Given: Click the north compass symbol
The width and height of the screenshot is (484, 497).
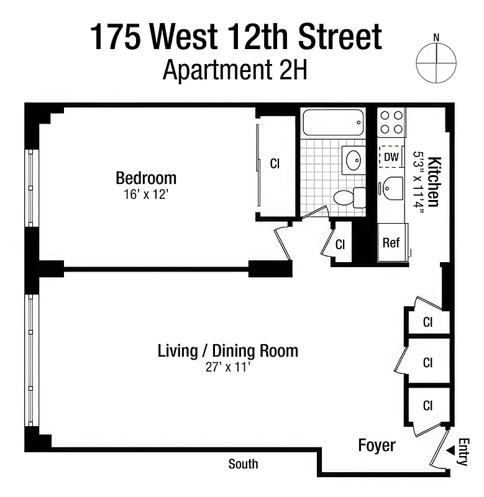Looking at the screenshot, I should [436, 63].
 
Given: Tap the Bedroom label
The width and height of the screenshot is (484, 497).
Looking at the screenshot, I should [146, 178].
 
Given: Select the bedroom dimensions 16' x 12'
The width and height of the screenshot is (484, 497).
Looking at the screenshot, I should [146, 194].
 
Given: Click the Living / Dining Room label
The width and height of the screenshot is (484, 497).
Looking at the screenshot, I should [227, 350].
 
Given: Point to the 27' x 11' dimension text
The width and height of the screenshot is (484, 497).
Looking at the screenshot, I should [227, 367].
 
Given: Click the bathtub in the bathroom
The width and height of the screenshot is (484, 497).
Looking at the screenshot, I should [332, 122].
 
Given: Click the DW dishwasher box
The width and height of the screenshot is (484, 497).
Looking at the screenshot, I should [391, 157].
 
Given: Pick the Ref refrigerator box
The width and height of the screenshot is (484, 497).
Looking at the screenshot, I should [391, 243].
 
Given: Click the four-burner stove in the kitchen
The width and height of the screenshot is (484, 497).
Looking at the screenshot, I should [391, 122].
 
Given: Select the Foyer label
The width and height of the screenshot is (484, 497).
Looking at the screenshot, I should [377, 445].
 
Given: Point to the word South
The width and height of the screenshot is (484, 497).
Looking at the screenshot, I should [243, 464].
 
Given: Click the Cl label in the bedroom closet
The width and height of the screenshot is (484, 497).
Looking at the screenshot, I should [275, 164].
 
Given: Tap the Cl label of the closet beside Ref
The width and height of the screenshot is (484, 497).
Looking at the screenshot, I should [340, 245].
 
